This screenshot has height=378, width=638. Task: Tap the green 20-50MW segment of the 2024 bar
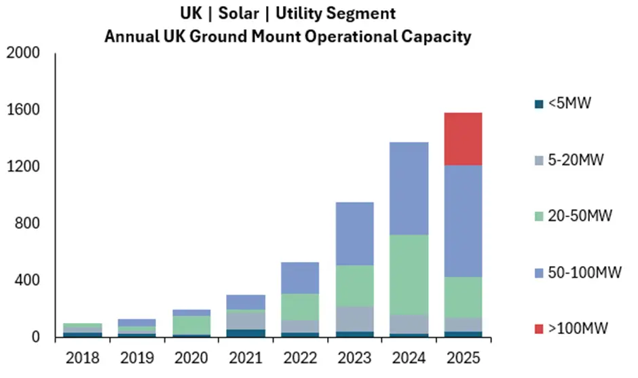409,274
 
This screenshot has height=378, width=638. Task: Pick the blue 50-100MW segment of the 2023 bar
354,233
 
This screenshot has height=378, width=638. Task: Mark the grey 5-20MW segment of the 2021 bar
246,319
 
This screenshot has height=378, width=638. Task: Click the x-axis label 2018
82,356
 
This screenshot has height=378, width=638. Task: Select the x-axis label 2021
246,356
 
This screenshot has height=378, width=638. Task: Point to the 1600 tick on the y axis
24,110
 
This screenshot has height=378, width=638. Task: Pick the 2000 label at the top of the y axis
24,53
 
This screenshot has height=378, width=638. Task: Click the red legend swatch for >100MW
539,328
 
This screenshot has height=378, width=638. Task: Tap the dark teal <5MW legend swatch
539,104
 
